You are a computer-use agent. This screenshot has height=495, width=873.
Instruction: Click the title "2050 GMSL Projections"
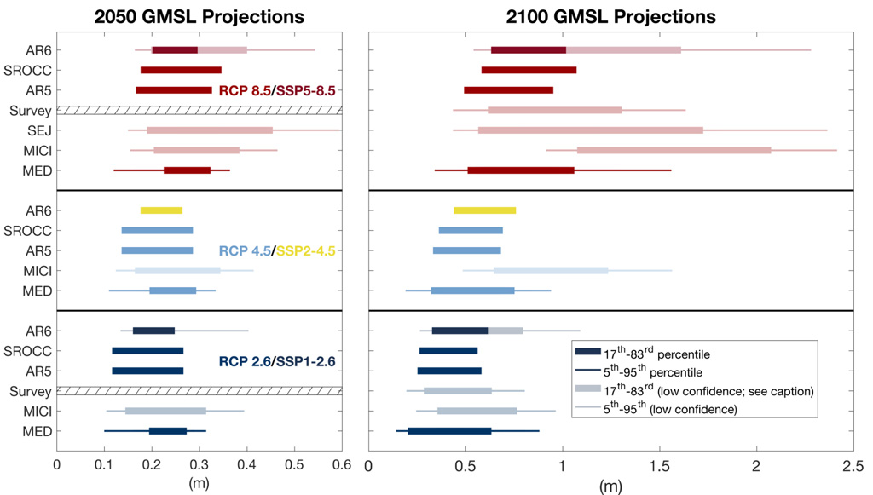coord(199,16)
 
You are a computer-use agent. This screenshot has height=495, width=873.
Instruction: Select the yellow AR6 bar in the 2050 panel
coord(161,210)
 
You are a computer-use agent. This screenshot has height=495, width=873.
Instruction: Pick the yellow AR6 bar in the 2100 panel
coord(484,210)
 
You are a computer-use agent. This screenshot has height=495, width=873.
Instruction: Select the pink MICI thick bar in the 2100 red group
coord(674,151)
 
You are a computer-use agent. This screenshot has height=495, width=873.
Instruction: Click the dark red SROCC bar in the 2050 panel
coord(181,70)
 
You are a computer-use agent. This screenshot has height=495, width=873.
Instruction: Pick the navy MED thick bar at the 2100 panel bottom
coord(449,431)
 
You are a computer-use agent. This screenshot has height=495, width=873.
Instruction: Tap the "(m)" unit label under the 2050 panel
coord(199,485)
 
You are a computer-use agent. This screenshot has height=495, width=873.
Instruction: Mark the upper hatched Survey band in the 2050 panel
coord(199,110)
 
